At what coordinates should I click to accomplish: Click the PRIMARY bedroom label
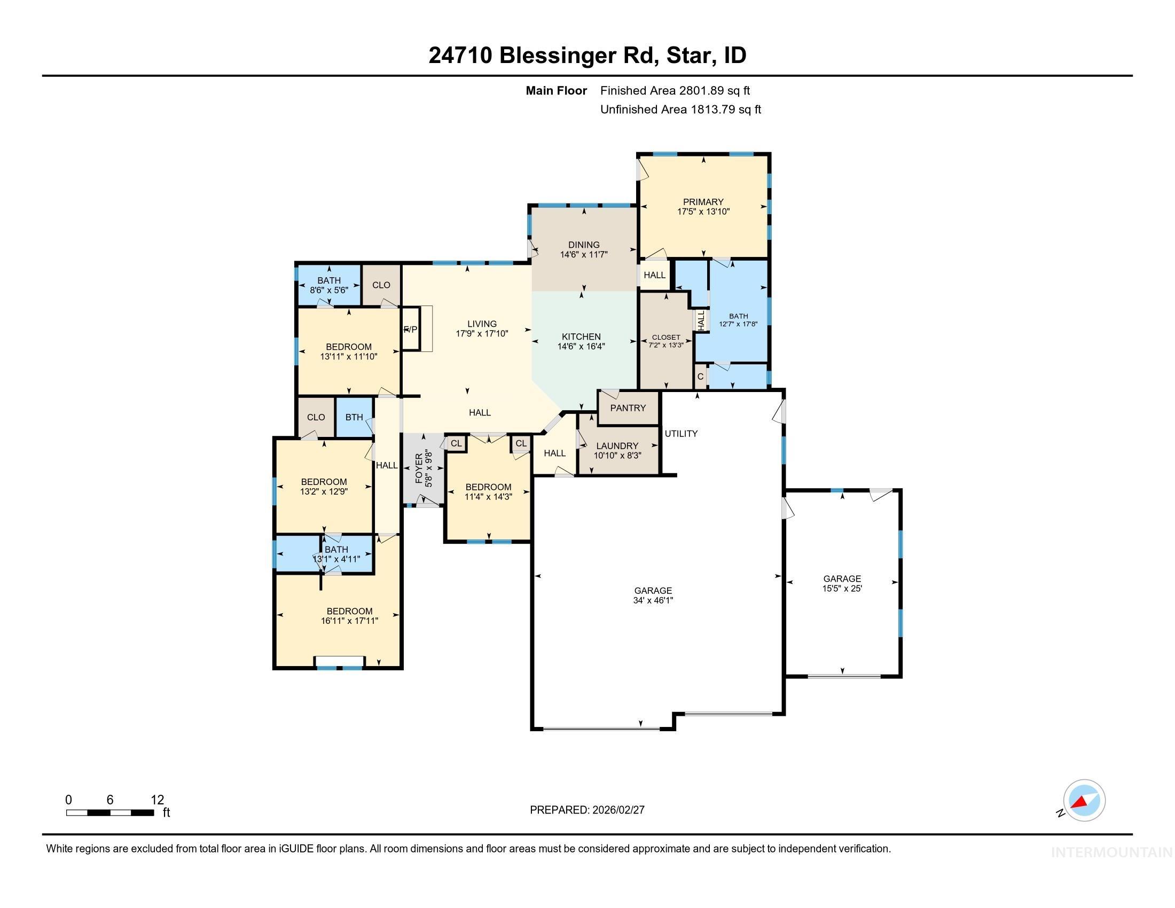[703, 202]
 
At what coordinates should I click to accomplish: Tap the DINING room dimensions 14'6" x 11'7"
[584, 255]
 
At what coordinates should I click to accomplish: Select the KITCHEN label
[581, 336]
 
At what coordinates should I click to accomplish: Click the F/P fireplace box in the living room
[411, 329]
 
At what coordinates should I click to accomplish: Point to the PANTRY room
[628, 408]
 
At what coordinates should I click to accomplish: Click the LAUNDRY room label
[617, 446]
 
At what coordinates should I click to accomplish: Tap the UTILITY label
[680, 434]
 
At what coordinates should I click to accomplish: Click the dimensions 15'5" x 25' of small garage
[841, 589]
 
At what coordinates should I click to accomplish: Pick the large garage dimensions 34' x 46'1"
[653, 600]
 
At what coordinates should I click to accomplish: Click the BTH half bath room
[354, 418]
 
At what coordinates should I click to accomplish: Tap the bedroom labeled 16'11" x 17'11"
[349, 616]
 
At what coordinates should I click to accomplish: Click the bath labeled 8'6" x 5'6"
[328, 285]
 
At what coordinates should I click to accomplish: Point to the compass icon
[1084, 801]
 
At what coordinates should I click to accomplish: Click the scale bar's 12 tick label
[157, 800]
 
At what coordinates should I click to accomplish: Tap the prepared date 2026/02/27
[617, 810]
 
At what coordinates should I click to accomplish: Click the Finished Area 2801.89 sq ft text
[675, 91]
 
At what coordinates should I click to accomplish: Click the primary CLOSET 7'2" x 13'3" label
[665, 341]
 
